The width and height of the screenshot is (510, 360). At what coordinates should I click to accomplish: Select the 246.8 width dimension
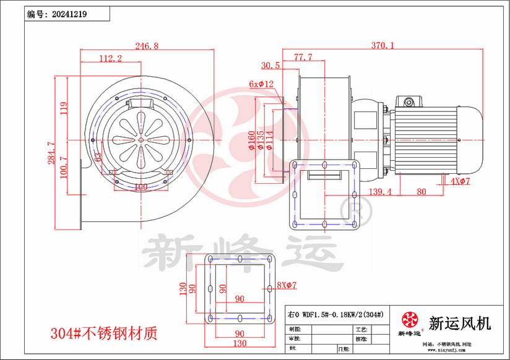click(147, 46)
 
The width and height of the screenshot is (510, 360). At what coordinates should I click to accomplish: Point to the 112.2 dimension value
click(110, 58)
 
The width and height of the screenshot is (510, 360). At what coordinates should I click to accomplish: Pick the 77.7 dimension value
click(303, 57)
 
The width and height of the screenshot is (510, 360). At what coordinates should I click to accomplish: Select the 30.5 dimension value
click(270, 65)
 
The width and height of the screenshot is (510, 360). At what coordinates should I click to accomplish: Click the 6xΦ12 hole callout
click(261, 84)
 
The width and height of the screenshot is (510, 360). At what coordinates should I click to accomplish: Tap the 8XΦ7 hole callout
click(287, 285)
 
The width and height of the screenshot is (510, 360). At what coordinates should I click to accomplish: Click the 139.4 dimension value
click(381, 192)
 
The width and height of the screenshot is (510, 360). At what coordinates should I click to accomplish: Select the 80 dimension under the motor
click(421, 192)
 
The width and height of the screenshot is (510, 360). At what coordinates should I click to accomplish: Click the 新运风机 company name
click(460, 323)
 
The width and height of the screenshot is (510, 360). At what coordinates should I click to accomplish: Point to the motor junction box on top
click(409, 100)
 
